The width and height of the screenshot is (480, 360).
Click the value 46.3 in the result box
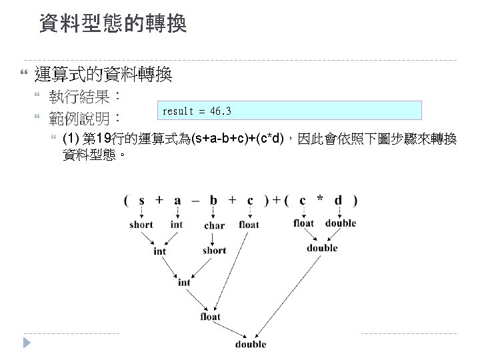point(220,110)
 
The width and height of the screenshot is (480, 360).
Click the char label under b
point(214,225)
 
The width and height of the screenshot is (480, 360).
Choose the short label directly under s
point(141,225)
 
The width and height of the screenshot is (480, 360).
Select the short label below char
point(214,251)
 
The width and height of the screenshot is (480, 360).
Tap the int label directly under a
point(177,225)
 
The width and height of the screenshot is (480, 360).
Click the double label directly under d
point(341,223)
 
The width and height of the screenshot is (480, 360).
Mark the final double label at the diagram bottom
point(251,344)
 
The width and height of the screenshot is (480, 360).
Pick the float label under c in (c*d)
point(303,223)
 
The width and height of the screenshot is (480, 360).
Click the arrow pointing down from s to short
point(142,212)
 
